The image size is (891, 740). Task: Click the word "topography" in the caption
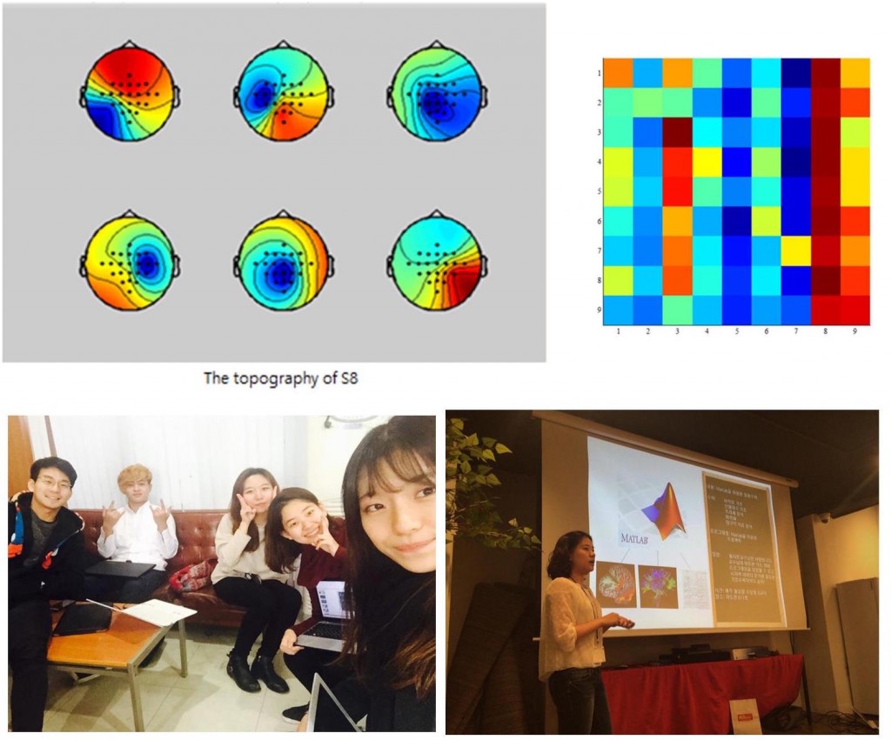coord(265,378)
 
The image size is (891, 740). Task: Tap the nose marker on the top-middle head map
coord(282,43)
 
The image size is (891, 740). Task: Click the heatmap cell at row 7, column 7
coord(795,250)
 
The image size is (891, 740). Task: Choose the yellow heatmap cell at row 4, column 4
coord(707,162)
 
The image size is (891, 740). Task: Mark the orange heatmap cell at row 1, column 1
coord(618,73)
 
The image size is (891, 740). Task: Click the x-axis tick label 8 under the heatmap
coord(825,332)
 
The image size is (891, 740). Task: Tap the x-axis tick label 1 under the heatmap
coord(618,332)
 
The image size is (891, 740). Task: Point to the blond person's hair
coord(136,475)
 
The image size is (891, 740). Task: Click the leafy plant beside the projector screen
coord(487,487)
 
